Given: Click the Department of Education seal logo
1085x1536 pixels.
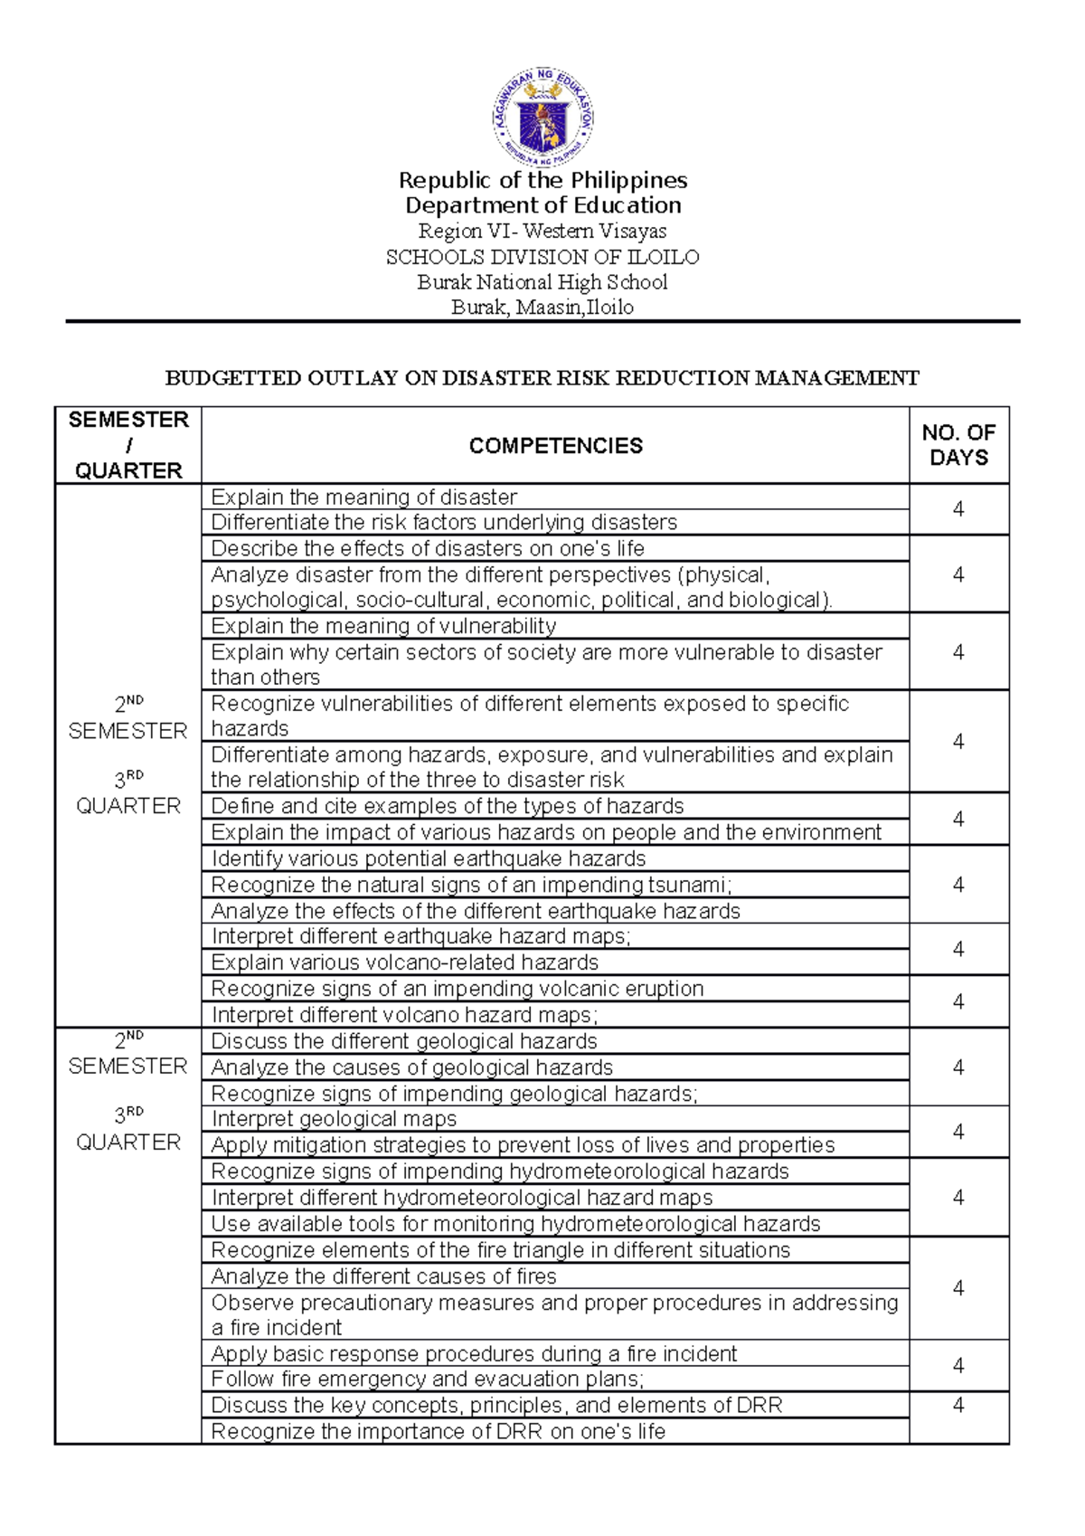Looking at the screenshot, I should tap(542, 117).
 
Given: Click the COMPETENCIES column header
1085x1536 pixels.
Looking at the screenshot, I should tap(555, 445).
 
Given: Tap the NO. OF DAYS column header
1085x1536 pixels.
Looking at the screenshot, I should tap(958, 445).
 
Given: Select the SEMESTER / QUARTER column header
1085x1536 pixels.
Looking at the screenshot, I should tap(127, 445).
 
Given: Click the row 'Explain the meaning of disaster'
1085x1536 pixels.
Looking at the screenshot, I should tap(363, 497).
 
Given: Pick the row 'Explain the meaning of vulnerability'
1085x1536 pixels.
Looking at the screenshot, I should tap(383, 626).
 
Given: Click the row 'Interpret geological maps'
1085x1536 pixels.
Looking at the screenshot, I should tap(334, 1119).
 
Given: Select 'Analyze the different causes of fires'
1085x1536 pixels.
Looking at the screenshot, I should tap(383, 1276).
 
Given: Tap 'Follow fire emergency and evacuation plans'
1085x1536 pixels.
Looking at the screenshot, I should tap(427, 1380).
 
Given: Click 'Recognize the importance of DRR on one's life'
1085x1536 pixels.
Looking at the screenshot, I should tap(438, 1431).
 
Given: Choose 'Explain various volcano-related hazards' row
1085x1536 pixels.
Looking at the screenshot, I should tap(404, 962).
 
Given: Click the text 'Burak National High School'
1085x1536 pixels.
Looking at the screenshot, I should tap(542, 282).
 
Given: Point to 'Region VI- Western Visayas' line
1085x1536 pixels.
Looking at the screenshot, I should tap(542, 232).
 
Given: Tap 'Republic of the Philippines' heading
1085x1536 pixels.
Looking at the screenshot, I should tap(542, 180).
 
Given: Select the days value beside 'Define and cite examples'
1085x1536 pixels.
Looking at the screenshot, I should tap(958, 819).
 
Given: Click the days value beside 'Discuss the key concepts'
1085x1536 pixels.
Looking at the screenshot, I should tap(958, 1405).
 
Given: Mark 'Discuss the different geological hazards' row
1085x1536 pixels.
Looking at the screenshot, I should tap(403, 1041).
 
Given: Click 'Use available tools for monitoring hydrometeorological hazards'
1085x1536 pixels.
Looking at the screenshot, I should tap(515, 1224).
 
